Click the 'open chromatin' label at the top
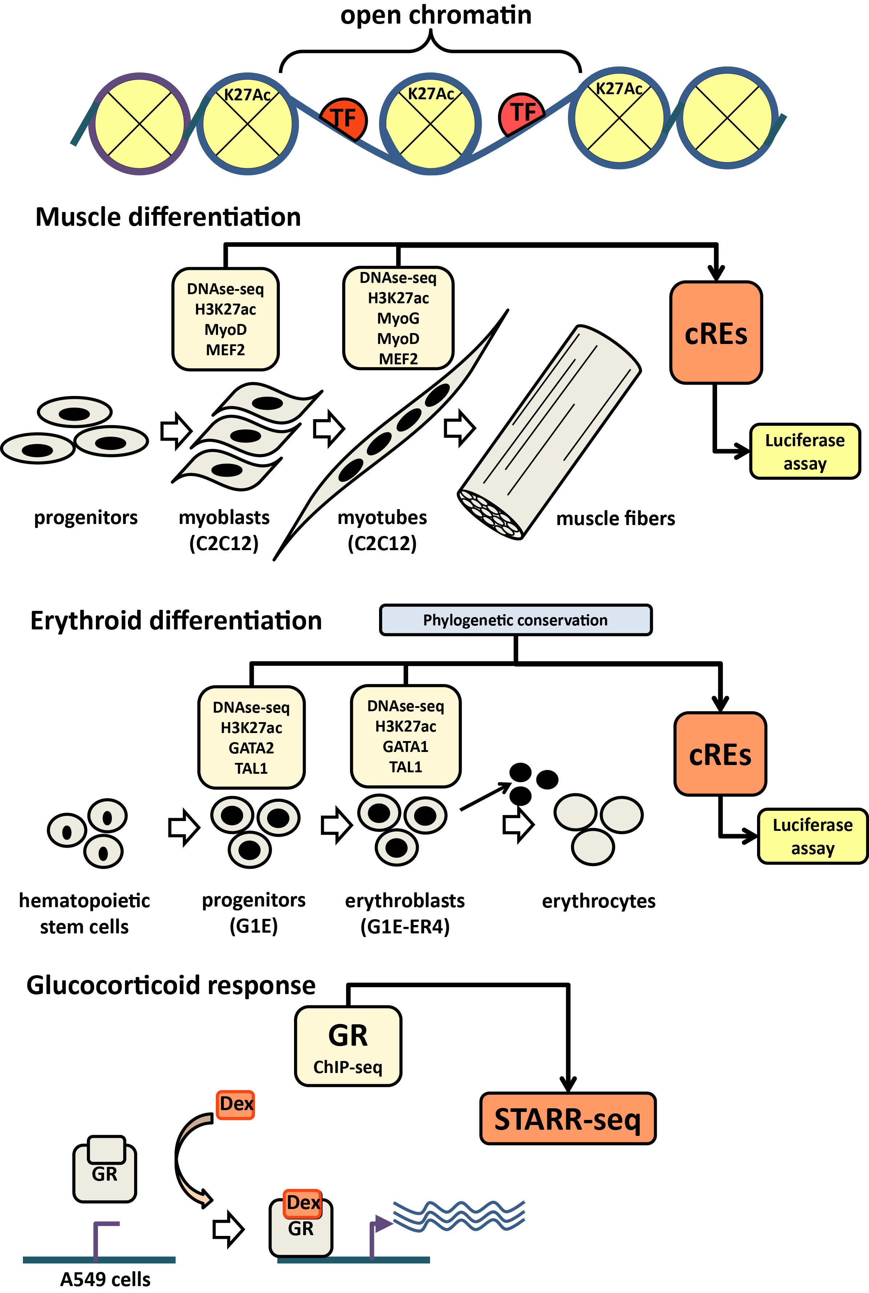coord(436,15)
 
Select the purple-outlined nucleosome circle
coord(140,124)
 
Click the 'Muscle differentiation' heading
coord(168,217)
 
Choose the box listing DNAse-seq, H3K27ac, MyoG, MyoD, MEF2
coord(398,318)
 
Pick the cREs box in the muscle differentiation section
coord(716,333)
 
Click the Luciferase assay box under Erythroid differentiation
coord(812,836)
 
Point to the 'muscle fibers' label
coord(615,519)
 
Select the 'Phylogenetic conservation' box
coord(515,620)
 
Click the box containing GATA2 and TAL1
coord(251,737)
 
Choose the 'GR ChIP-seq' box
coord(348,1046)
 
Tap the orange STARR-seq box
coord(567,1119)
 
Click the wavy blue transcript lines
coord(459,1216)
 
